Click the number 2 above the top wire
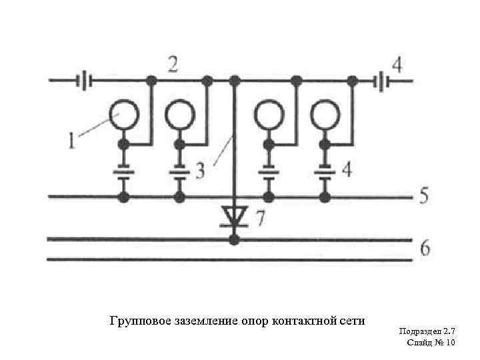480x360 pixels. click(x=173, y=65)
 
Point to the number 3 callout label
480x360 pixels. click(x=200, y=171)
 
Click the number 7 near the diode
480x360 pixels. click(x=260, y=218)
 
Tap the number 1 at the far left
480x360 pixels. click(x=72, y=140)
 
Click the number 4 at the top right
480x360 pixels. click(x=397, y=65)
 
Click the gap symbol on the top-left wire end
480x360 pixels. click(x=84, y=81)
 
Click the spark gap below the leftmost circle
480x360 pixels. click(x=123, y=171)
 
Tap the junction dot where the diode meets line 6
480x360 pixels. click(x=233, y=239)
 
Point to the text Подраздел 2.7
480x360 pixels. click(x=427, y=331)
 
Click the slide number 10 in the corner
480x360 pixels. click(x=448, y=343)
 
